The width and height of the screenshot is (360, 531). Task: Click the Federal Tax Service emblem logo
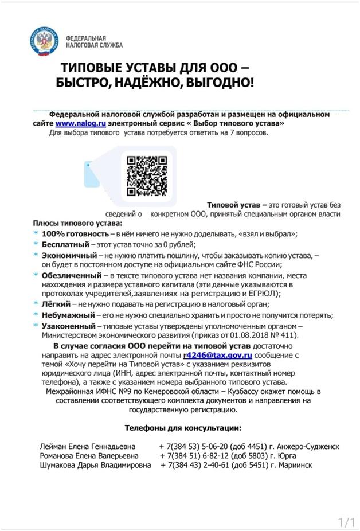[x=44, y=41]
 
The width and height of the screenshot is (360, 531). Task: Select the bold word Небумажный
[x=68, y=315]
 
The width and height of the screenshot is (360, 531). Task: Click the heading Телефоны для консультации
[x=183, y=428]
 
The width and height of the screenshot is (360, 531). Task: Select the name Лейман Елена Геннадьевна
[x=88, y=446]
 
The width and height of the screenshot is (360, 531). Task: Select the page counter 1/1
[x=347, y=522]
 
